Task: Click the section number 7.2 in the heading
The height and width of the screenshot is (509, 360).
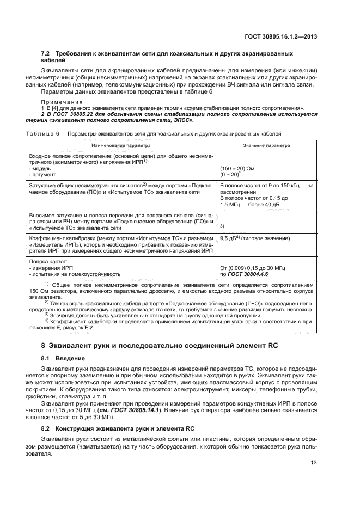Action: point(46,54)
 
